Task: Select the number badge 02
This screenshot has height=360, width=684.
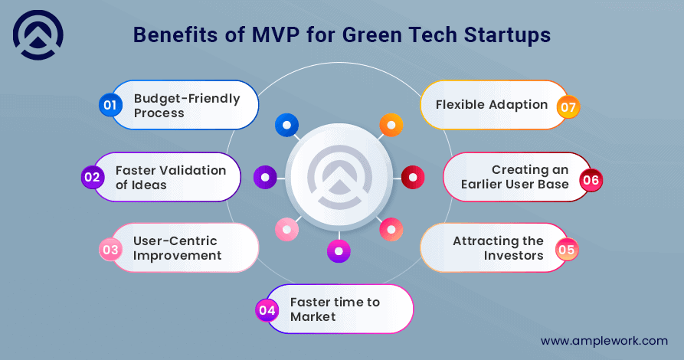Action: [93, 177]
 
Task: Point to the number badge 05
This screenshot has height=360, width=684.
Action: [566, 249]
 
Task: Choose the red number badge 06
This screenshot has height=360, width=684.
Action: [591, 181]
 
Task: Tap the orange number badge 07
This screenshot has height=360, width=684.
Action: [568, 107]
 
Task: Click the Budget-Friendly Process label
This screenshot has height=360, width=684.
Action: [186, 106]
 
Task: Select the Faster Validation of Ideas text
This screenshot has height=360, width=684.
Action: [171, 177]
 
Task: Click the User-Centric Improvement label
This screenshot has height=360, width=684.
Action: [178, 249]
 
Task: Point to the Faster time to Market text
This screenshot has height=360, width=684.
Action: [335, 309]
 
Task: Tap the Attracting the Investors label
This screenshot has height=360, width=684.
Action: [498, 248]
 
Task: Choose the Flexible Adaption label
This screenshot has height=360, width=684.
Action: [492, 104]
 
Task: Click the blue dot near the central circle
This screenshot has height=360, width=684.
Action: [286, 125]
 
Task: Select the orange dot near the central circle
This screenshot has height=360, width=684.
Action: [391, 125]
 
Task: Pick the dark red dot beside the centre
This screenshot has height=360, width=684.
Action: [413, 178]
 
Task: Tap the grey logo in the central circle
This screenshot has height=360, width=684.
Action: [339, 178]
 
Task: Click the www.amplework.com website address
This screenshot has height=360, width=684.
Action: [604, 341]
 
